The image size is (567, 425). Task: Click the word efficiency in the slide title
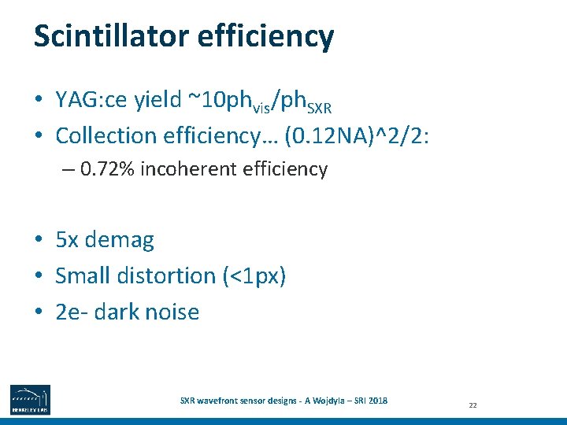(x=273, y=37)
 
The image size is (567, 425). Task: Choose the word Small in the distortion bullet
(x=81, y=275)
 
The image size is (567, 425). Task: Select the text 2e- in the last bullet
(x=71, y=312)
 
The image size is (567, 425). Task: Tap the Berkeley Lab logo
(x=30, y=399)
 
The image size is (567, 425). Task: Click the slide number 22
(x=473, y=405)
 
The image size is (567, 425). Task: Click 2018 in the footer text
(x=376, y=400)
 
